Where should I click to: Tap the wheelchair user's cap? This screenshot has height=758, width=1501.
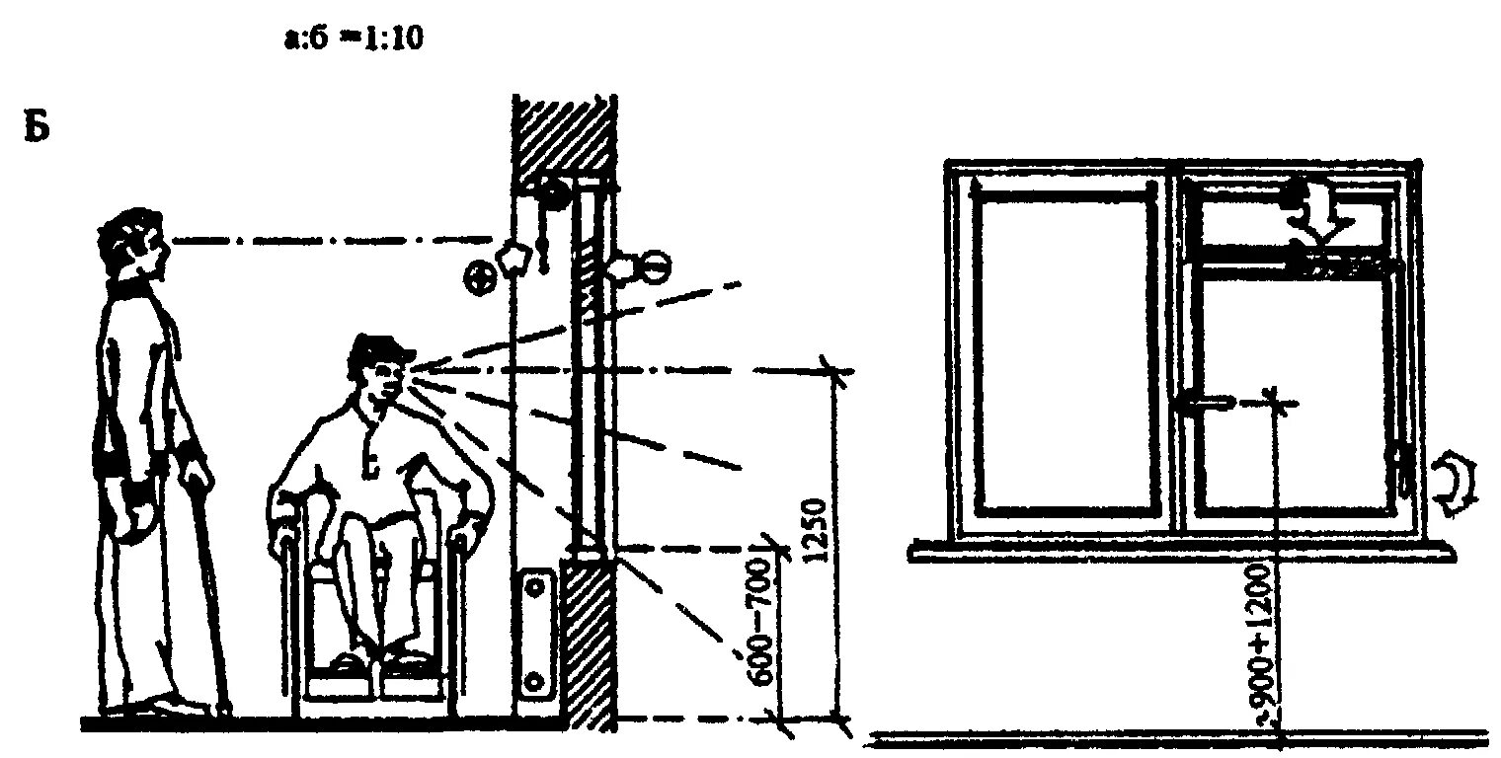point(380,346)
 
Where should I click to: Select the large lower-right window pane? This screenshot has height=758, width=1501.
point(1294,395)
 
